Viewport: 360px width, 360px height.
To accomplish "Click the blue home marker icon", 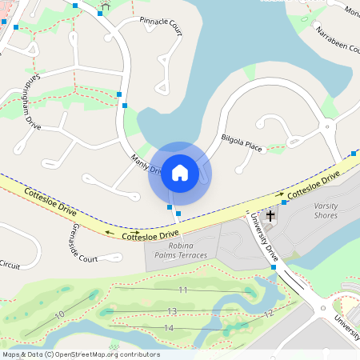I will click(180, 173).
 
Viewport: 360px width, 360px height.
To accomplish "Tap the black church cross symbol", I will click(270, 215).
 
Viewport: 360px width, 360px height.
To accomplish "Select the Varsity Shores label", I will click(326, 210).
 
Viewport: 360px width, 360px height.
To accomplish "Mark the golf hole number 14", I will click(168, 328).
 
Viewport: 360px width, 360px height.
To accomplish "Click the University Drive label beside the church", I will click(264, 236).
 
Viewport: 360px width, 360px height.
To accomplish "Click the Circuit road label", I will click(10, 264).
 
